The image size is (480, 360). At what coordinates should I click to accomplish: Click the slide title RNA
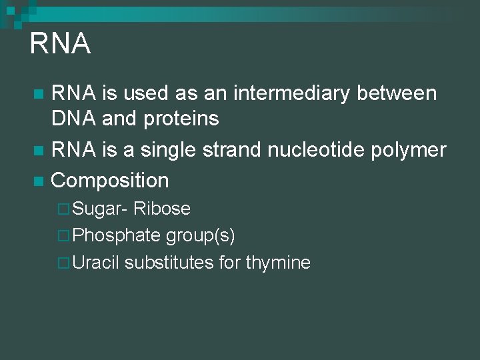(60, 44)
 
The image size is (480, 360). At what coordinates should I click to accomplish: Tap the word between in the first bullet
(397, 93)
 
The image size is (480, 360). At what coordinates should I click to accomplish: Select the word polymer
(413, 151)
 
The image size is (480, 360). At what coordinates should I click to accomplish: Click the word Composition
(110, 181)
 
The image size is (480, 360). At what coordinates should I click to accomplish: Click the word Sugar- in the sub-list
(100, 209)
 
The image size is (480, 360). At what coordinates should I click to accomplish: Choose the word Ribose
(162, 209)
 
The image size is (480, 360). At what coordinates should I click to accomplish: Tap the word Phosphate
(117, 236)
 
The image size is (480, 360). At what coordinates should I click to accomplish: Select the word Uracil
(96, 263)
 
